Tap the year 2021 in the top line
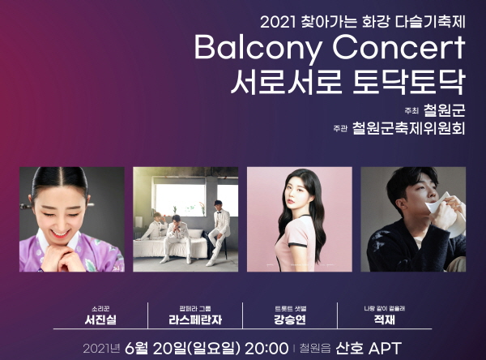tap(278, 23)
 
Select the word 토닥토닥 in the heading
tap(409, 82)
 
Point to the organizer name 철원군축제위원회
tap(409, 128)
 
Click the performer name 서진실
tap(100, 319)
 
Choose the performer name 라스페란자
tap(195, 319)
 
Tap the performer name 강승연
tap(290, 319)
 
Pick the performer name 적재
tap(385, 319)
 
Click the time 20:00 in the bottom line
tap(266, 348)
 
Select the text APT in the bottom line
tap(385, 348)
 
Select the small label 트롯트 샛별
tap(290, 308)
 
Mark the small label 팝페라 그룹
tap(195, 308)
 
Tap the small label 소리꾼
tap(100, 308)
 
